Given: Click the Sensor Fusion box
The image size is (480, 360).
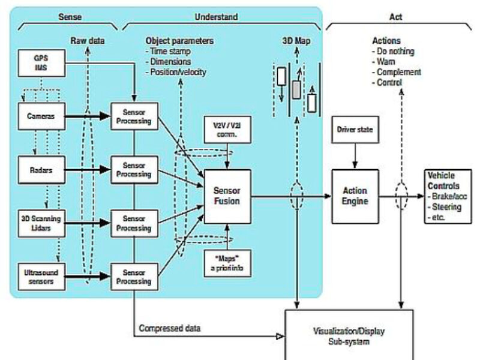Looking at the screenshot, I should click(x=227, y=195).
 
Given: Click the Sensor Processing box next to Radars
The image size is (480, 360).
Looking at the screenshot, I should click(x=133, y=170).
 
